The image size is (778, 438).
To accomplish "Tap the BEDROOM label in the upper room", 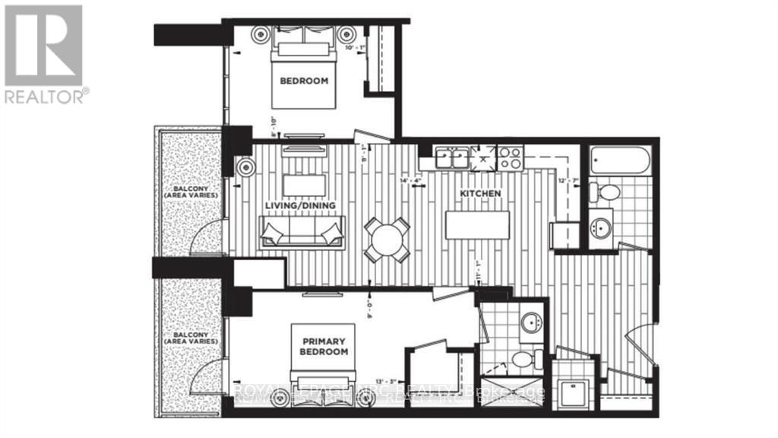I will [304, 81].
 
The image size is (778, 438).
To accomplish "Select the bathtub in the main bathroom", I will [621, 161].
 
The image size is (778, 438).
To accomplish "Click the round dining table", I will [387, 240].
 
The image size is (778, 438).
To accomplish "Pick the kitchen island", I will [477, 225].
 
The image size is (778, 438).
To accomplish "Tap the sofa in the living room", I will [302, 231].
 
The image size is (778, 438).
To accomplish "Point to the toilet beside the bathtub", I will [609, 192].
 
